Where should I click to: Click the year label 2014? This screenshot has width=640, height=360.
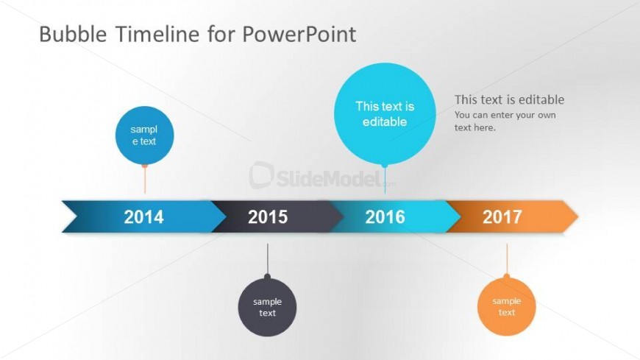point(143,217)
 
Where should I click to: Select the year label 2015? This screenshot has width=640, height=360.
point(268,217)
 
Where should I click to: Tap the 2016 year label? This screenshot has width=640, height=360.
point(385,217)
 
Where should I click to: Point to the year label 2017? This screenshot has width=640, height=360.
point(502,217)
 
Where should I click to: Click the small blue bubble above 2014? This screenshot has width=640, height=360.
point(144,135)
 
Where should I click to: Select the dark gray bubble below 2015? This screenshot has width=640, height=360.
point(267,307)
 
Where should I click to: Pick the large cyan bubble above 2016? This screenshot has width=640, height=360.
point(385,113)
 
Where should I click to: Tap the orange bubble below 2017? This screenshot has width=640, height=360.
point(507,306)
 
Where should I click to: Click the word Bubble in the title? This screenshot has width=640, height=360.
point(73,34)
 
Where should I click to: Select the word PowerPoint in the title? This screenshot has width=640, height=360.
point(299,34)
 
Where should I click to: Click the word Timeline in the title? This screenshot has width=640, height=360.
point(157,34)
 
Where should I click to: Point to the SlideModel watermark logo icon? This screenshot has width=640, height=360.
point(261,175)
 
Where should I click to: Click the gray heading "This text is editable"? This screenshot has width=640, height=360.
point(509,99)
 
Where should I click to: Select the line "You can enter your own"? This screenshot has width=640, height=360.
point(505,116)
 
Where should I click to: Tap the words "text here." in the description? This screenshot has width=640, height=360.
point(475,127)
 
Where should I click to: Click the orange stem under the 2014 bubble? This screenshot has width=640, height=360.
point(145,180)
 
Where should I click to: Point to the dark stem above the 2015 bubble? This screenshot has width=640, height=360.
point(267,259)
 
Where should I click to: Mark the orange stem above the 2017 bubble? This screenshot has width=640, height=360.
point(507,259)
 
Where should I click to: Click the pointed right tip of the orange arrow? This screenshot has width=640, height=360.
point(578,216)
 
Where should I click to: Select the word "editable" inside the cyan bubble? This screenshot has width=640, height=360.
point(385,121)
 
